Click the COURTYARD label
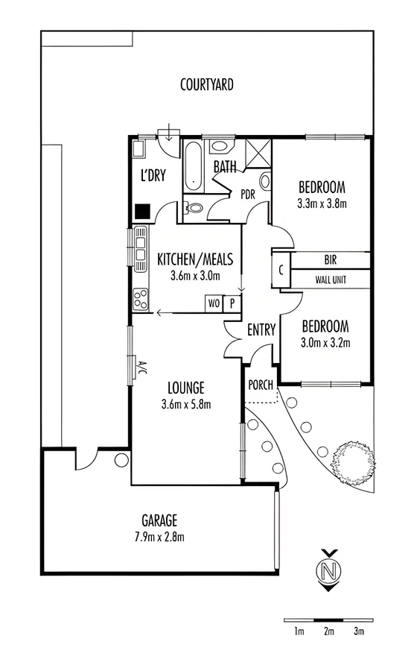tap(207, 85)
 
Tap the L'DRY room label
tap(153, 176)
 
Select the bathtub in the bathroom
tap(194, 166)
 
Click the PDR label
tap(248, 194)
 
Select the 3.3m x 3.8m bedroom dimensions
tap(323, 202)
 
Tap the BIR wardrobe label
tap(331, 260)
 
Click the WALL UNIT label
tap(331, 280)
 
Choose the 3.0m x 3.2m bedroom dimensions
tap(325, 343)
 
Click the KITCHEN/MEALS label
tap(195, 259)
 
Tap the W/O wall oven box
tap(214, 303)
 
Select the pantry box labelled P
tap(232, 303)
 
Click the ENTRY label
tap(261, 329)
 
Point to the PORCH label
tap(260, 385)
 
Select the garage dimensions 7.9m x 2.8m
tap(159, 537)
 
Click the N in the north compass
tap(327, 573)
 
